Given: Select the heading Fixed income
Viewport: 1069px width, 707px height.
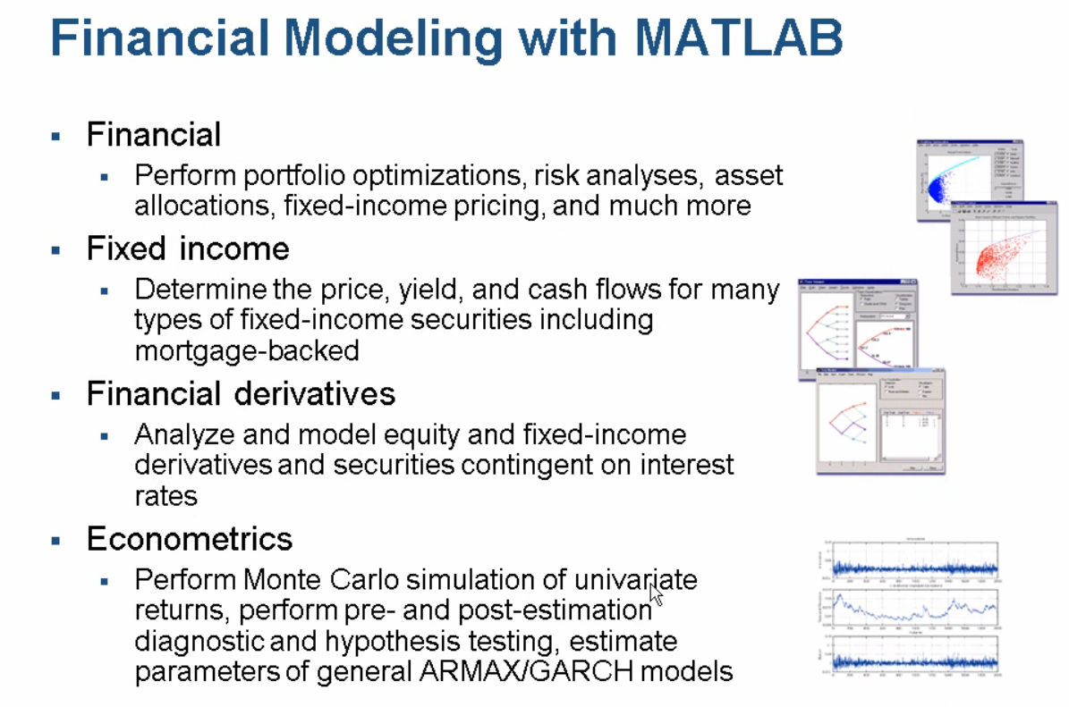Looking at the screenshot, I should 188,248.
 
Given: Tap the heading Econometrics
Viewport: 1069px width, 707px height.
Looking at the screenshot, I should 190,539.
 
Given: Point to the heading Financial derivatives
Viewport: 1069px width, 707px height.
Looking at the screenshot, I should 241,394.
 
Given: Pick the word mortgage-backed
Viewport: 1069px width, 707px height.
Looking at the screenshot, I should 247,350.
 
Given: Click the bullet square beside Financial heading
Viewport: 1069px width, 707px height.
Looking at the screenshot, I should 56,137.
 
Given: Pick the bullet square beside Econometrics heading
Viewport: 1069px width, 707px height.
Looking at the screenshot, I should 56,541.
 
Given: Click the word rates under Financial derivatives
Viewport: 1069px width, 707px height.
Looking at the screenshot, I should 165,496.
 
